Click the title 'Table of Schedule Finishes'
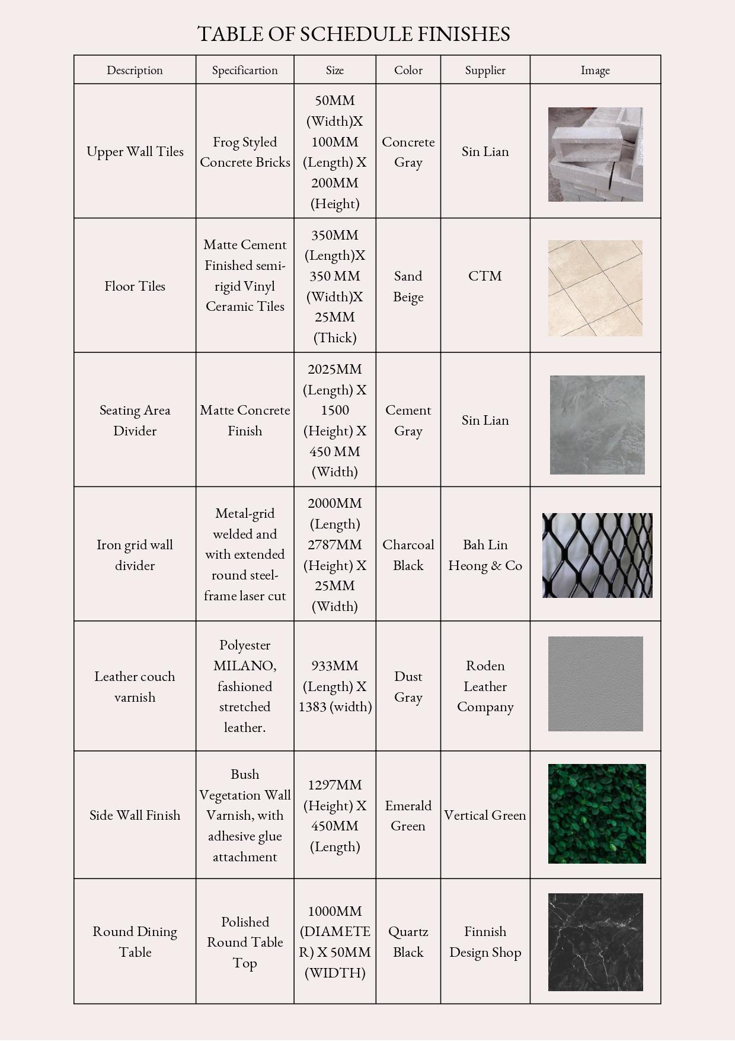(354, 34)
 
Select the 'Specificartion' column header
(245, 70)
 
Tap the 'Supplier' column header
(485, 70)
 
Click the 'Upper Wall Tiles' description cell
(135, 152)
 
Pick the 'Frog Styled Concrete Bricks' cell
(245, 152)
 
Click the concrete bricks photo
(595, 154)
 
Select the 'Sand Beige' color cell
(408, 286)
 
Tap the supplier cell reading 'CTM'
(485, 276)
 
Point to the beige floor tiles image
(595, 288)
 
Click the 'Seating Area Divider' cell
(135, 420)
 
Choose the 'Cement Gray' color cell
(408, 420)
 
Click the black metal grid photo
(597, 555)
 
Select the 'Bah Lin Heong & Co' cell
(485, 555)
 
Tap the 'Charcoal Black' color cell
(408, 555)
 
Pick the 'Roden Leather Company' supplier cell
(485, 686)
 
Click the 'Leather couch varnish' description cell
(135, 686)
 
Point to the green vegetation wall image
(597, 814)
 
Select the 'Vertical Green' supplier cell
(485, 815)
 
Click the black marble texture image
(595, 942)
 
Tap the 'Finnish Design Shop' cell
(485, 941)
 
